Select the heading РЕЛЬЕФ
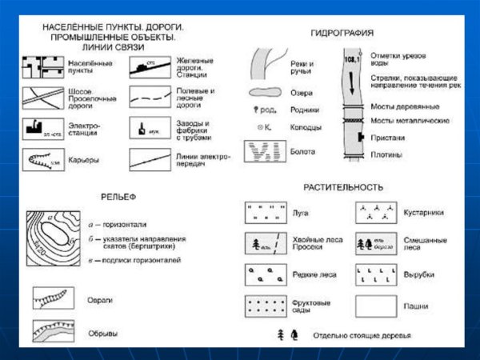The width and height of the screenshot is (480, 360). (x=120, y=195)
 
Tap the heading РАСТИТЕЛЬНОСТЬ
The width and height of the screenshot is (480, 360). (x=342, y=187)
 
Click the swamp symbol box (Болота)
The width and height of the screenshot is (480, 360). (x=266, y=150)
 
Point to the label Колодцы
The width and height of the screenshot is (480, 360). (x=306, y=127)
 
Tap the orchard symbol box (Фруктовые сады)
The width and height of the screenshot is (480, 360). (x=266, y=306)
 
